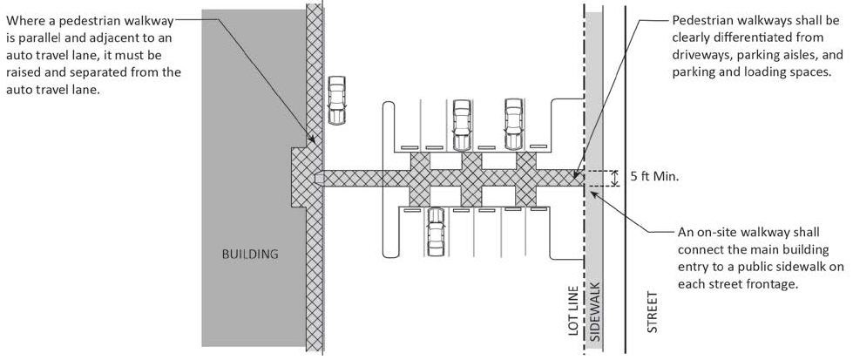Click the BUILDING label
tap(249, 255)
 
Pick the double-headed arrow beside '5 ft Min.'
tap(615, 178)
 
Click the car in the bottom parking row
tap(436, 234)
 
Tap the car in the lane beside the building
tap(336, 99)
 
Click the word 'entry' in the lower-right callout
tap(695, 267)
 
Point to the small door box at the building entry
tap(319, 178)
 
